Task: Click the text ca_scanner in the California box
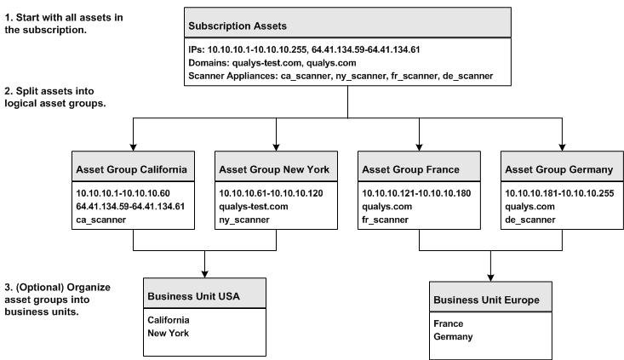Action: pos(102,219)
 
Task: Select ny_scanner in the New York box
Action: pos(244,219)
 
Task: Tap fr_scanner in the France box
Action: pos(386,219)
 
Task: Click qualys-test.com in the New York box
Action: pos(255,206)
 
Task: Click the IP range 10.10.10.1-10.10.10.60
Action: pos(123,193)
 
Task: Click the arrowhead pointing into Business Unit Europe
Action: pos(492,277)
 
